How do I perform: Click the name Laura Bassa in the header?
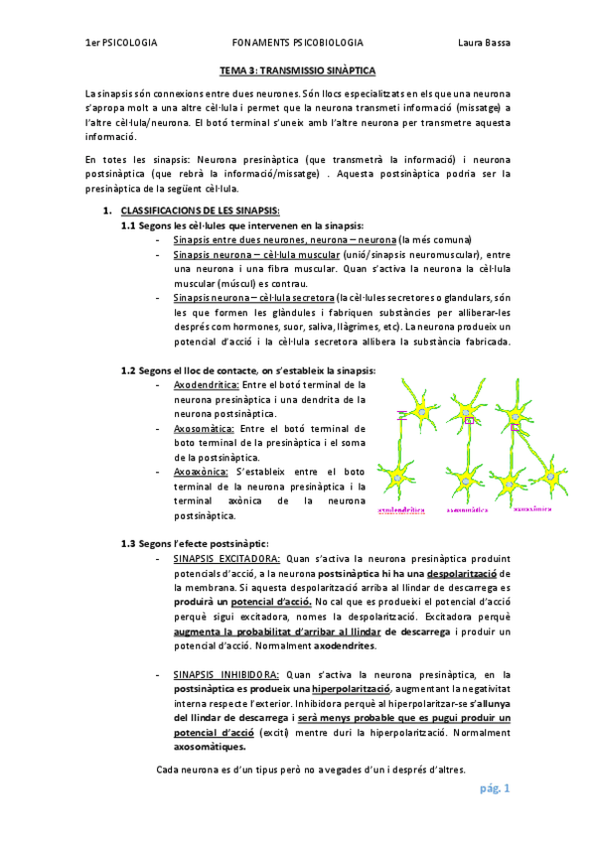coord(484,43)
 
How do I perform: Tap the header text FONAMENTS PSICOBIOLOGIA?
coord(297,43)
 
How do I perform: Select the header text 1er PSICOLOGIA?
coord(121,43)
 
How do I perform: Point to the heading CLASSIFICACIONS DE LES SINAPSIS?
coord(200,211)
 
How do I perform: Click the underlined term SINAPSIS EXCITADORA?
coord(226,559)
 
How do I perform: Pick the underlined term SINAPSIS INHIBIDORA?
coord(226,673)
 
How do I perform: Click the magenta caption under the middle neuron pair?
coord(468,508)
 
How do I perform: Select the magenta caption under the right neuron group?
coord(533,507)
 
